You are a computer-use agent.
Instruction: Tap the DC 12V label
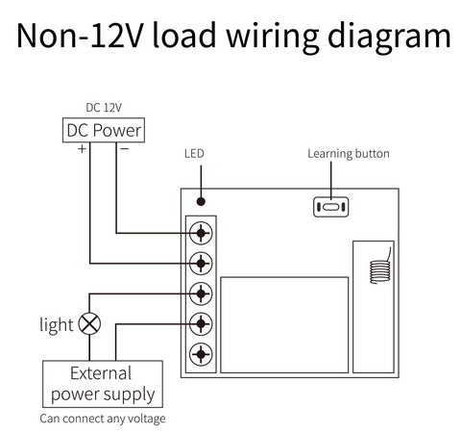tap(104, 108)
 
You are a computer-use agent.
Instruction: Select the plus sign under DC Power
tap(82, 149)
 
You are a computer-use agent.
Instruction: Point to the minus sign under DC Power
tap(124, 148)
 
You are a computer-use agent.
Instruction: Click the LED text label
tap(194, 154)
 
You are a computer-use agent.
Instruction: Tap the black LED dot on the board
tap(201, 201)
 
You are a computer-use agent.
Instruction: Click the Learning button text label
tap(349, 154)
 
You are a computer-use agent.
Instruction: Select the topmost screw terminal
tap(201, 233)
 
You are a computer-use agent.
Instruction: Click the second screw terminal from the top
tap(201, 264)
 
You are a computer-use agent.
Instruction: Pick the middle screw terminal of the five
tap(201, 293)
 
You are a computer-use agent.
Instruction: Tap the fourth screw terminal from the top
tap(201, 324)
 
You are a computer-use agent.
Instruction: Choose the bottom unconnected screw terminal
tap(201, 354)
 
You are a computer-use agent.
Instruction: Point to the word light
tap(57, 325)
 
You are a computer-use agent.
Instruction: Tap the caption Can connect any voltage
tap(103, 419)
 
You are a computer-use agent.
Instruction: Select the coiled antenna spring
tap(380, 272)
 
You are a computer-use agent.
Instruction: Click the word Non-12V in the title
tap(79, 36)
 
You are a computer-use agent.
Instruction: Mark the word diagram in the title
tap(389, 38)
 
